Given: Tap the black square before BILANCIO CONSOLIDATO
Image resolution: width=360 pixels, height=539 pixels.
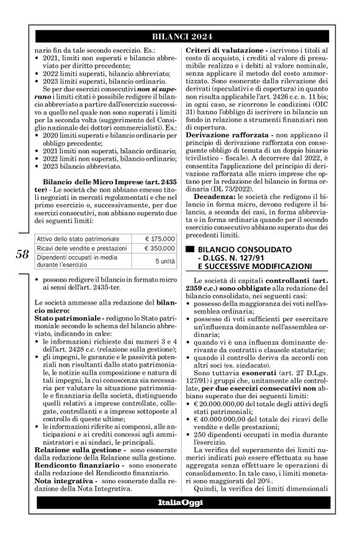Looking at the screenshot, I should [190, 248].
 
